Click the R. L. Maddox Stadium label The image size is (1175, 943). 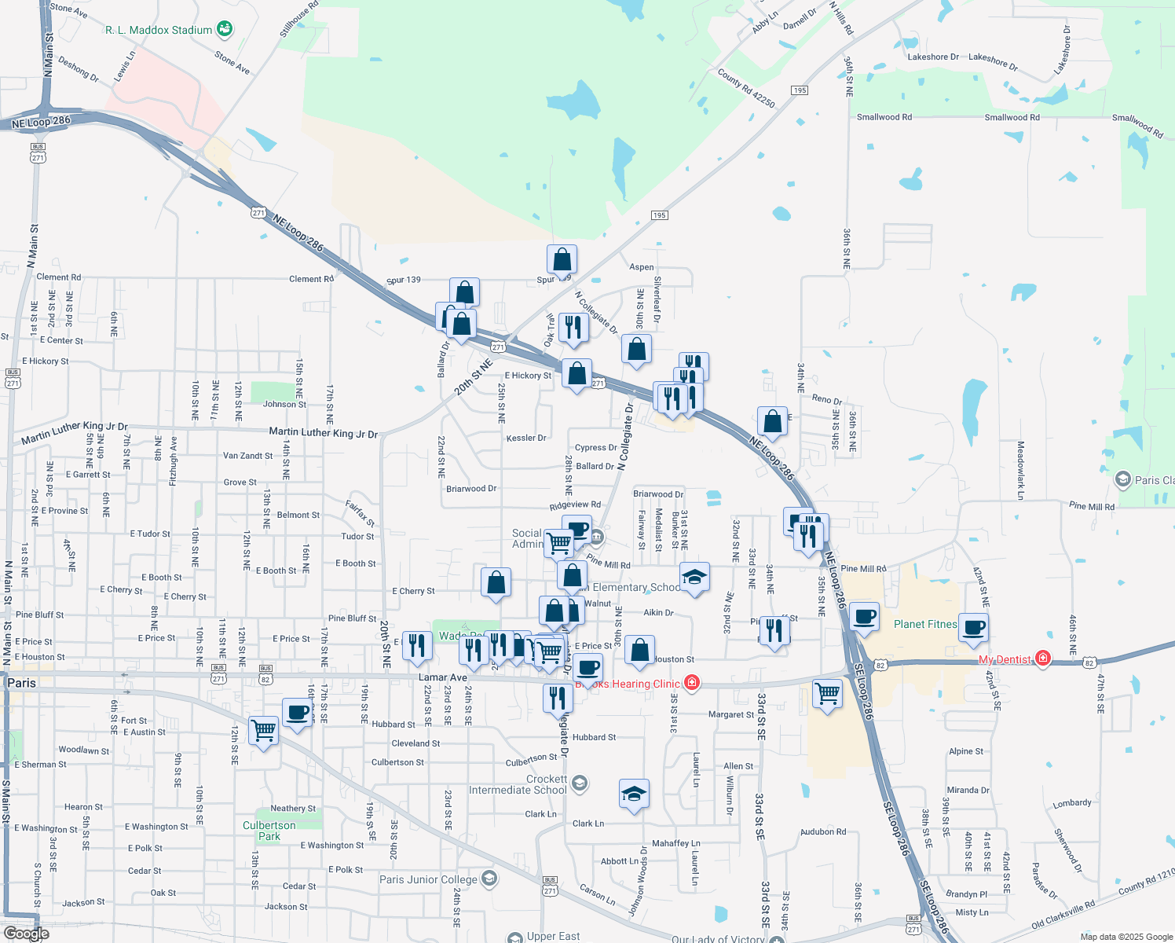(159, 30)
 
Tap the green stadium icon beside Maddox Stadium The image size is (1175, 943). (225, 29)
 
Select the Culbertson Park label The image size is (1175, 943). (269, 831)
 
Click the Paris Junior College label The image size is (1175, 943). (428, 879)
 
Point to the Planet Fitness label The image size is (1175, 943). (925, 624)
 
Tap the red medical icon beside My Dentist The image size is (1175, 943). (1043, 658)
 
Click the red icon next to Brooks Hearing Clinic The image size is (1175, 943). (692, 682)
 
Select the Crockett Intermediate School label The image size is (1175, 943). (518, 784)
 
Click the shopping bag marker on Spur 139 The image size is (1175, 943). (562, 259)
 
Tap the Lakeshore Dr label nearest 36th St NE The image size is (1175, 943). (933, 57)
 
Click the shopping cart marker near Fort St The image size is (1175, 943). (264, 730)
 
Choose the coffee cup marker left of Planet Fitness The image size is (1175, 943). (864, 617)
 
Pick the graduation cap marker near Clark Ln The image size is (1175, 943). (634, 794)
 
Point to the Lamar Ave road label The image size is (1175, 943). (443, 677)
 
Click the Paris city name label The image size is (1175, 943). (21, 683)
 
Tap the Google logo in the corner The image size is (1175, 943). (27, 934)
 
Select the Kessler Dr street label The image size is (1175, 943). (526, 438)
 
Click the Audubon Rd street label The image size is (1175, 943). (823, 831)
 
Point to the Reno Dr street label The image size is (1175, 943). (827, 399)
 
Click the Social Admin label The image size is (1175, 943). (528, 538)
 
